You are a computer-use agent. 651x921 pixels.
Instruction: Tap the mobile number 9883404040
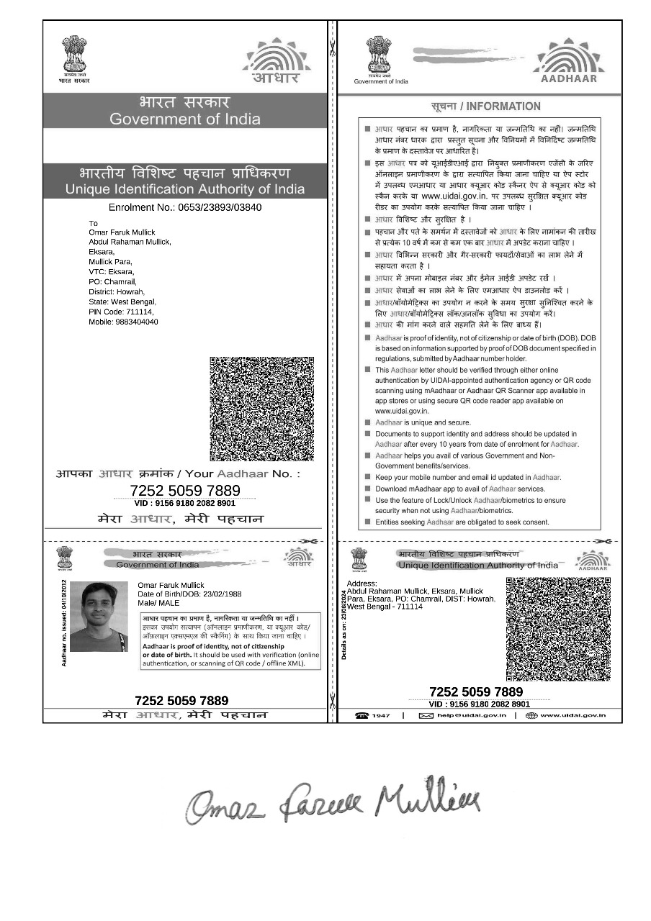click(x=123, y=322)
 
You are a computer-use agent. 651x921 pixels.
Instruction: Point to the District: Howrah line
click(x=120, y=292)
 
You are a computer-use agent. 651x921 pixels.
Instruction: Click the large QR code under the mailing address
click(x=262, y=409)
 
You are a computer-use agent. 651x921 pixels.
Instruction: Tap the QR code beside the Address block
click(x=558, y=629)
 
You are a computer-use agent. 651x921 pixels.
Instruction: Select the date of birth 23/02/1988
click(x=189, y=594)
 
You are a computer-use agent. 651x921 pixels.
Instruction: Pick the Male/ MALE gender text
click(x=158, y=603)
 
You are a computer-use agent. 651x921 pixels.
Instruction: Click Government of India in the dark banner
click(x=185, y=119)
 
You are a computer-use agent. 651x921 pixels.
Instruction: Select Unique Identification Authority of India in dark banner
click(x=185, y=189)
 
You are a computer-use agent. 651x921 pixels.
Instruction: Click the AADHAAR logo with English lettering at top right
click(x=569, y=61)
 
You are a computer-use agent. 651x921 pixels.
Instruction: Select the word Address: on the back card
click(x=362, y=583)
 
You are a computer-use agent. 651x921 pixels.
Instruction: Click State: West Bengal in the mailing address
click(x=122, y=302)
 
